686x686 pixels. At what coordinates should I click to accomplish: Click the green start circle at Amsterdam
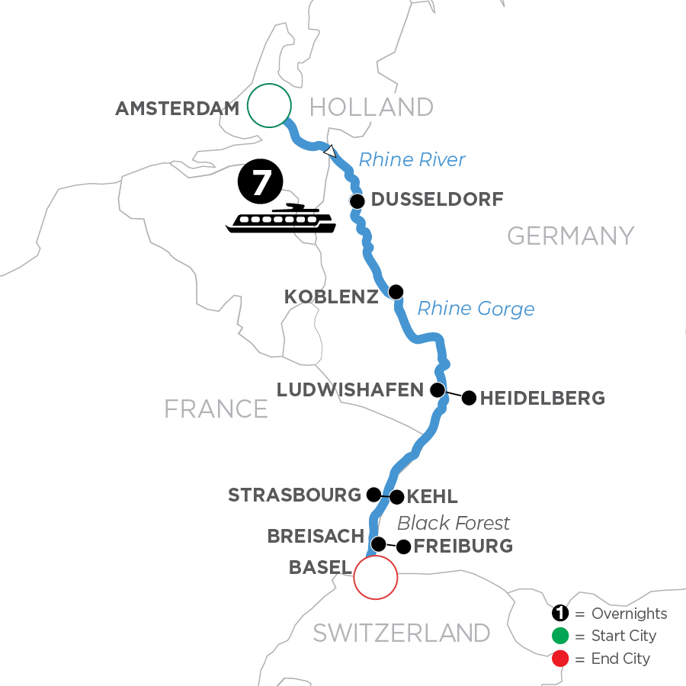(x=269, y=104)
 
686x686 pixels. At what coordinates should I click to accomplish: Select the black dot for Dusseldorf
(x=357, y=201)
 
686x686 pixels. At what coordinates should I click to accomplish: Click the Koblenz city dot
(x=396, y=291)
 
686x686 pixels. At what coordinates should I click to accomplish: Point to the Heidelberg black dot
(x=469, y=397)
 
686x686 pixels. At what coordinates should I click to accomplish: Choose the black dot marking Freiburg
(x=403, y=547)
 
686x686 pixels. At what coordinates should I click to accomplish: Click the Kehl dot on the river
(x=396, y=497)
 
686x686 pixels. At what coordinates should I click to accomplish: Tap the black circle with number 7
(x=260, y=185)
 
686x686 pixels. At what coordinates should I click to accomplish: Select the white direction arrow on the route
(x=329, y=151)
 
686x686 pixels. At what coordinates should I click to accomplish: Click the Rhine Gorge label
(x=476, y=309)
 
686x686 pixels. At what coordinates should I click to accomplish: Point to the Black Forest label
(x=454, y=523)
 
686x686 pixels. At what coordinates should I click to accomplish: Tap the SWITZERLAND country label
(x=402, y=633)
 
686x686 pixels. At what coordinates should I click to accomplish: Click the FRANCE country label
(x=216, y=409)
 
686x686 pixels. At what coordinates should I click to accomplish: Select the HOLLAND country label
(x=372, y=107)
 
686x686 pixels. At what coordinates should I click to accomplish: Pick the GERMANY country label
(x=570, y=236)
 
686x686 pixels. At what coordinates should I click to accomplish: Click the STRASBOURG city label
(x=294, y=495)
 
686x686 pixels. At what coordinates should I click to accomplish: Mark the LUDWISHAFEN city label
(x=350, y=390)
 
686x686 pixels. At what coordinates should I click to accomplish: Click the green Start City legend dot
(x=560, y=636)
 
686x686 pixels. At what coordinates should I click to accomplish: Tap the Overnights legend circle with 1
(x=560, y=614)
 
